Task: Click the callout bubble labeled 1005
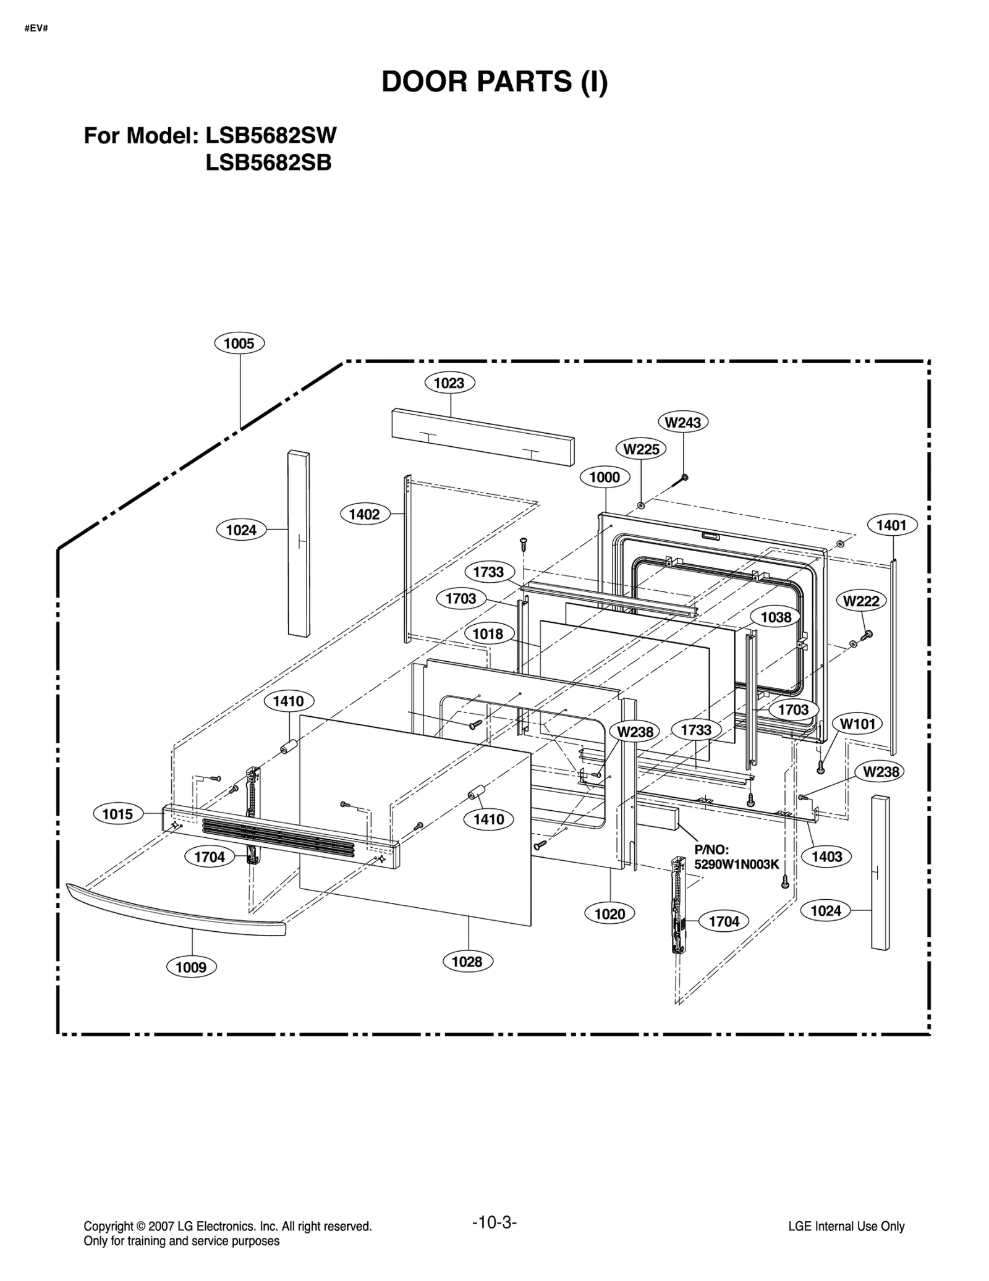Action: pyautogui.click(x=239, y=344)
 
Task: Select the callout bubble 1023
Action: pyautogui.click(x=449, y=383)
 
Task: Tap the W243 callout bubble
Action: pyautogui.click(x=683, y=422)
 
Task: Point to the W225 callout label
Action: pyautogui.click(x=641, y=449)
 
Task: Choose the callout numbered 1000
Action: pyautogui.click(x=605, y=477)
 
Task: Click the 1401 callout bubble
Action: pyautogui.click(x=892, y=525)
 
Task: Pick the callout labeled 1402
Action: pyautogui.click(x=365, y=514)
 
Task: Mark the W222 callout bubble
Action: pyautogui.click(x=861, y=601)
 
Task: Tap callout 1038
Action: pyautogui.click(x=776, y=617)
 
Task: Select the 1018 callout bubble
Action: pyautogui.click(x=488, y=633)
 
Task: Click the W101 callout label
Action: pyautogui.click(x=857, y=724)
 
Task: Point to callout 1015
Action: pyautogui.click(x=118, y=814)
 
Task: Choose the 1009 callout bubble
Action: pyautogui.click(x=191, y=967)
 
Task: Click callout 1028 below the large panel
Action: pyautogui.click(x=467, y=962)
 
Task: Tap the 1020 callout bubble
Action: pyautogui.click(x=610, y=914)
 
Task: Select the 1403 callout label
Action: pyautogui.click(x=826, y=856)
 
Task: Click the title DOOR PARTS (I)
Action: pyautogui.click(x=494, y=82)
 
